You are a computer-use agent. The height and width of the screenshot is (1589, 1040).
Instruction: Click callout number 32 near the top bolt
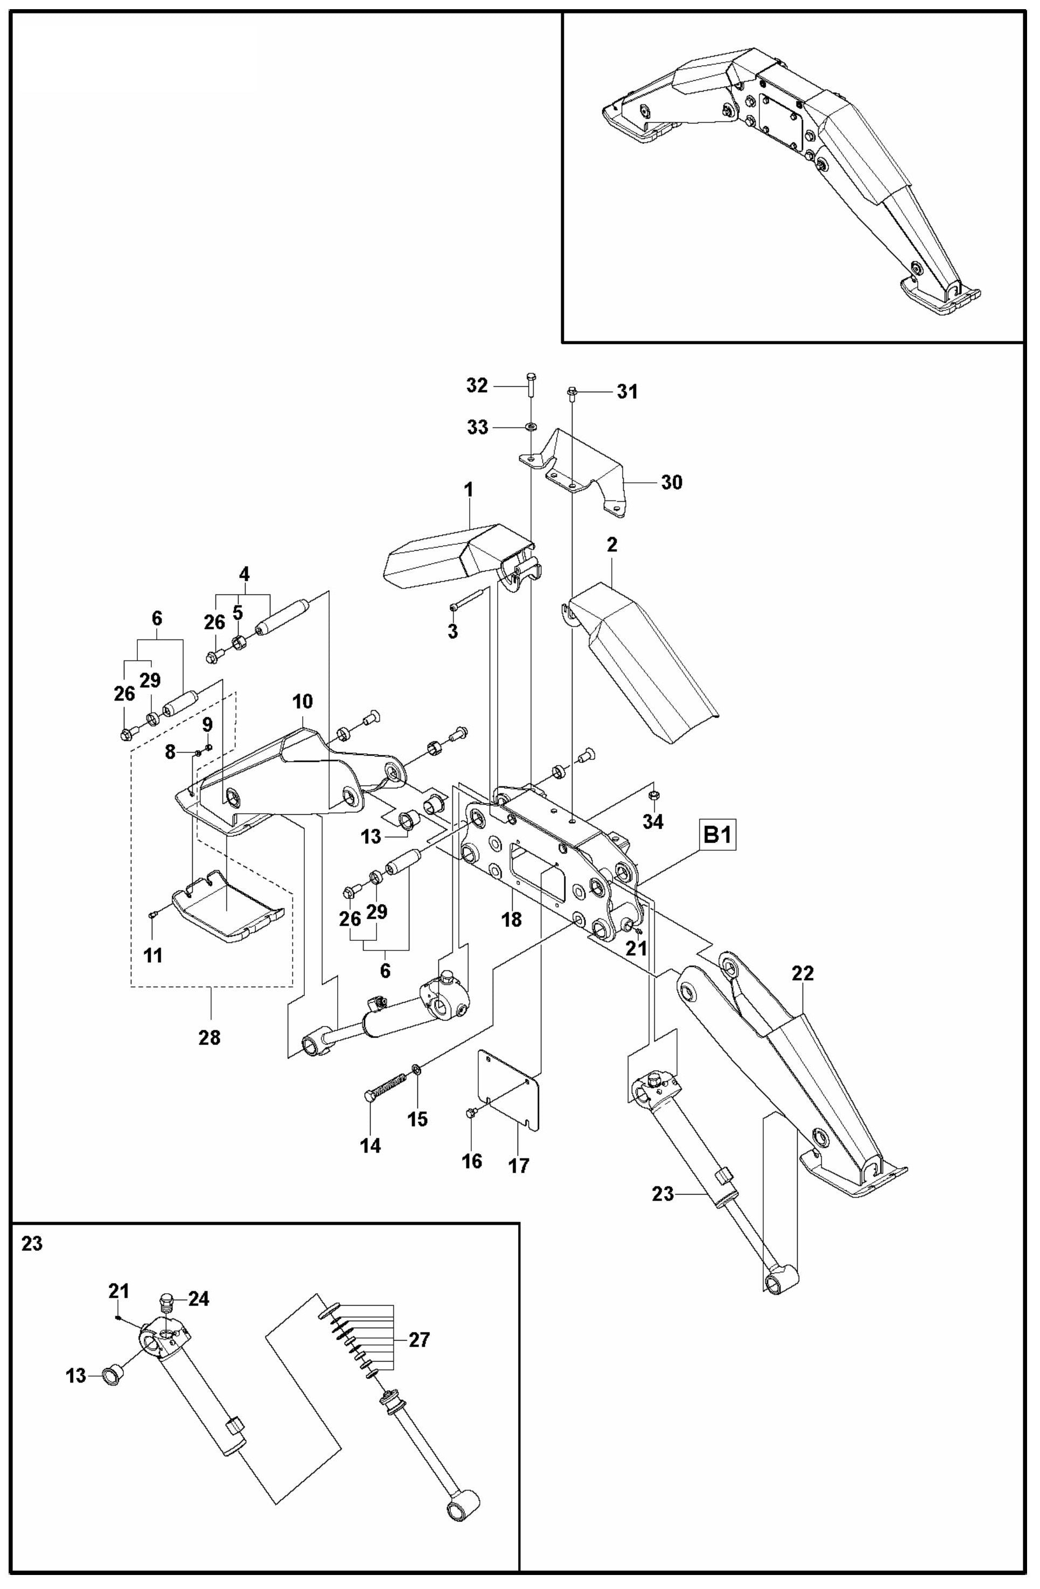click(x=477, y=386)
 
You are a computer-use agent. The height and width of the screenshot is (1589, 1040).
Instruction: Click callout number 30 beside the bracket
click(x=672, y=482)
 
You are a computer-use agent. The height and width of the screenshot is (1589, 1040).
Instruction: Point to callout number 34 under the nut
click(x=653, y=822)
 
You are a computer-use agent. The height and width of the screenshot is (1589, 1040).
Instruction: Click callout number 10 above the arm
click(x=302, y=702)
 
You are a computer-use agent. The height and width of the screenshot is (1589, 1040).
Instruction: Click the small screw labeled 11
click(x=153, y=915)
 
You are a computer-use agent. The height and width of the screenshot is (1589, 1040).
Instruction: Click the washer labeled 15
click(x=416, y=1070)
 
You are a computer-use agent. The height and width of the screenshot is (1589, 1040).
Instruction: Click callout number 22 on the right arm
click(x=802, y=974)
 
